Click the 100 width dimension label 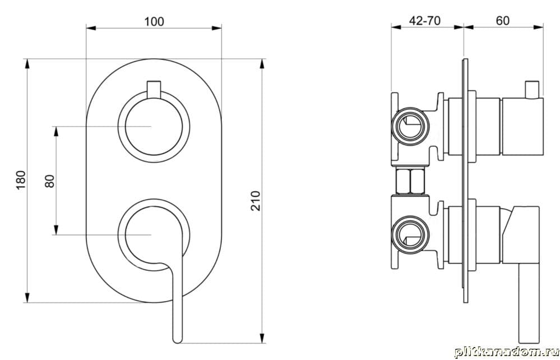tap(154, 22)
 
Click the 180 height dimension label tap(21, 181)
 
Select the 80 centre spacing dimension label tap(50, 181)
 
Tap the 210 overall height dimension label tap(256, 201)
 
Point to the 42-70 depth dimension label tap(425, 21)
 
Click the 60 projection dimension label tap(502, 21)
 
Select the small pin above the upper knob tap(154, 89)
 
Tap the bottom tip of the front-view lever tap(177, 341)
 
